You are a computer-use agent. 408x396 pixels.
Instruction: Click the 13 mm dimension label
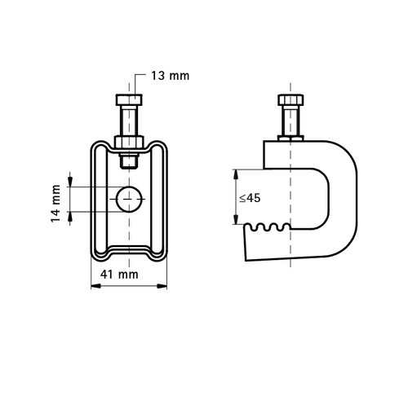pyautogui.click(x=170, y=76)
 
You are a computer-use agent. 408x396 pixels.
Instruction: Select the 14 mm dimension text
pyautogui.click(x=55, y=203)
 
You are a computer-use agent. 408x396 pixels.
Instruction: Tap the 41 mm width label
pyautogui.click(x=119, y=275)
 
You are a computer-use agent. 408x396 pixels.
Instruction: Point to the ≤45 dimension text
pyautogui.click(x=250, y=198)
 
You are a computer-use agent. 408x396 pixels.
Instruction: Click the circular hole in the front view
pyautogui.click(x=130, y=199)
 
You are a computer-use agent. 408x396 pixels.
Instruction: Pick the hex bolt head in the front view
pyautogui.click(x=129, y=99)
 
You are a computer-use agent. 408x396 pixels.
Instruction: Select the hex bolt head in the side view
pyautogui.click(x=290, y=99)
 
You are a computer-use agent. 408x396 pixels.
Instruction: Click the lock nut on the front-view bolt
pyautogui.click(x=129, y=142)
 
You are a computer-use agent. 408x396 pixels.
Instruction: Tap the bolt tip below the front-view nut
pyautogui.click(x=129, y=161)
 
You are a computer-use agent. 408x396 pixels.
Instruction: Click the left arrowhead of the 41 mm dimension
pyautogui.click(x=95, y=286)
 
